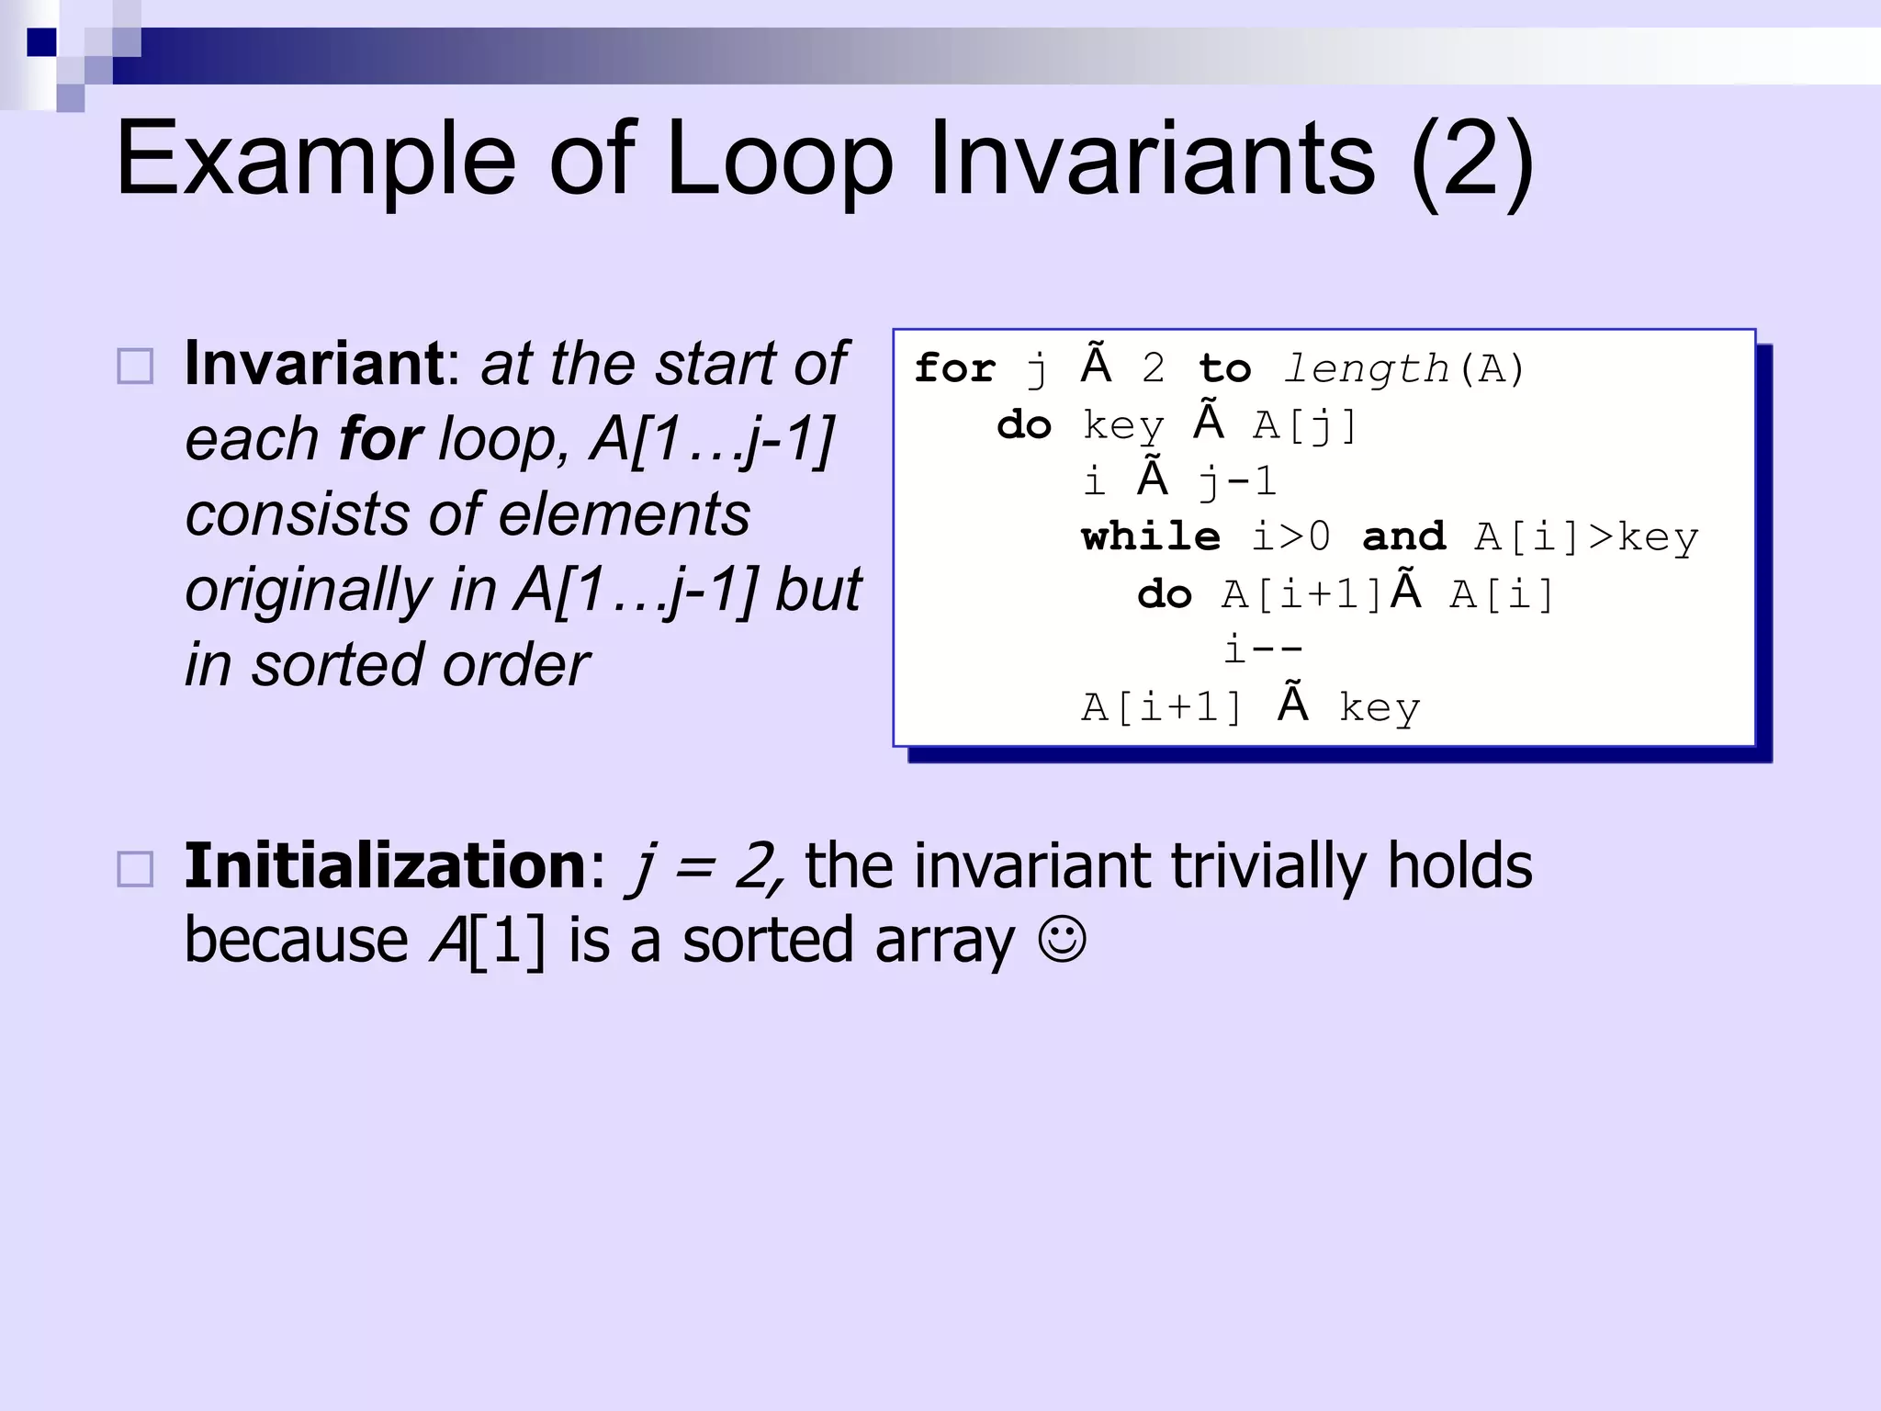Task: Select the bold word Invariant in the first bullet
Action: tap(315, 364)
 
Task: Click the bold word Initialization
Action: tap(385, 866)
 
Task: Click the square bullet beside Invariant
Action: tap(136, 367)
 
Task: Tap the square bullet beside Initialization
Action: tap(136, 869)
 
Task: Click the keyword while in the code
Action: tap(1151, 537)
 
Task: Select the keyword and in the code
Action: tap(1403, 537)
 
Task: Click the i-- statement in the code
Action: tap(1263, 649)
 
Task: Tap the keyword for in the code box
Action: tap(954, 369)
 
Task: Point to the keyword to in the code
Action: tap(1224, 369)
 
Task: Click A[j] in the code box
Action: tap(1305, 425)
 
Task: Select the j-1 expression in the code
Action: tap(1237, 481)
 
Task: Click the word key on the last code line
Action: tap(1379, 707)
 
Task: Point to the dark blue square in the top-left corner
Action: tap(41, 42)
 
